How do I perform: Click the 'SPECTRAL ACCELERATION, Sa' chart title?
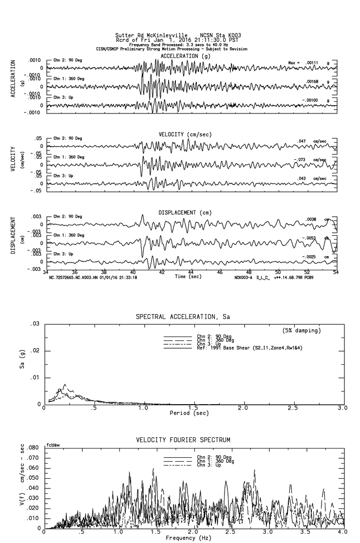[x=183, y=317]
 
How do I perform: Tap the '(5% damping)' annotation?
[x=302, y=331]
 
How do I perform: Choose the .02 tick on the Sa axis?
[x=35, y=351]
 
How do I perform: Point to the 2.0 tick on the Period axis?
[x=243, y=408]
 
